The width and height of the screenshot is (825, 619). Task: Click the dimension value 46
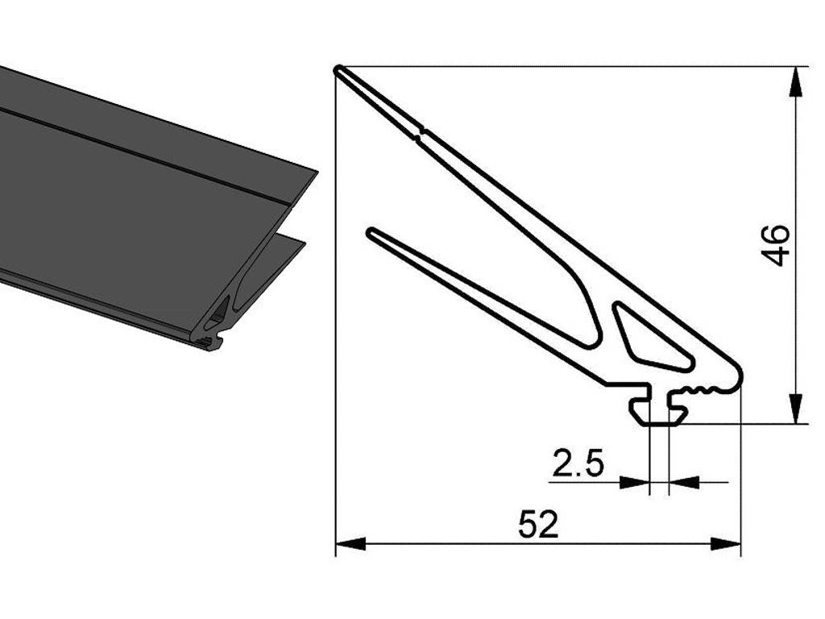pos(775,245)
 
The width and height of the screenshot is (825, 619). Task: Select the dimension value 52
pos(537,525)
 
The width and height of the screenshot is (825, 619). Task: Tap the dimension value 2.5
pos(578,464)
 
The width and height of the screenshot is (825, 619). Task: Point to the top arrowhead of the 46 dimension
pos(796,81)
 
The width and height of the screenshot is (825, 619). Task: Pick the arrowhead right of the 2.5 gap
pos(684,482)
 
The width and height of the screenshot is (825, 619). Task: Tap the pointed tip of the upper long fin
pos(339,71)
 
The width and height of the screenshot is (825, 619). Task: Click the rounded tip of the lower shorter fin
pos(371,234)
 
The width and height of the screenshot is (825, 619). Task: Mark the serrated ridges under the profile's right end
pos(704,392)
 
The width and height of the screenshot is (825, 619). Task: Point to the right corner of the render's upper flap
pos(316,171)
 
